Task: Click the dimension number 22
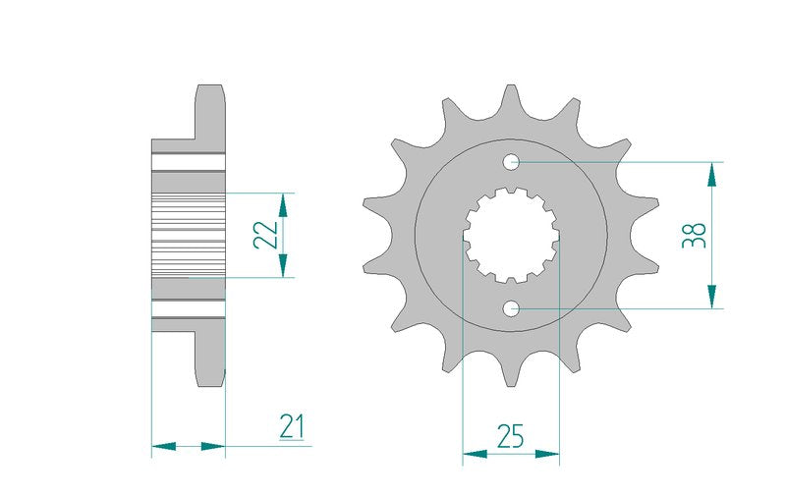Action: point(265,235)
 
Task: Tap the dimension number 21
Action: point(292,426)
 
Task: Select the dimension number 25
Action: point(510,435)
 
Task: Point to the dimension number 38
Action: point(695,236)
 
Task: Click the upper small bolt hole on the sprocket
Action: point(511,161)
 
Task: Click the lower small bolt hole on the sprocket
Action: point(511,308)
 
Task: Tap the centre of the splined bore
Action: point(511,235)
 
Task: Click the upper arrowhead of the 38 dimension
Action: point(711,175)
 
